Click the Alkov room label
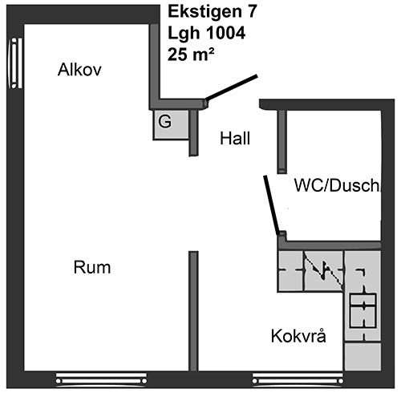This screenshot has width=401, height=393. (x=79, y=70)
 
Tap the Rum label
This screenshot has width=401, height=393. (x=92, y=267)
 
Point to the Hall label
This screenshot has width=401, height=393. (x=235, y=139)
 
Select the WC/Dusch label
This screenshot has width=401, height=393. (x=337, y=185)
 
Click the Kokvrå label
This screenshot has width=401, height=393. (x=298, y=335)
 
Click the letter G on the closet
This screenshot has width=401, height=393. (x=164, y=121)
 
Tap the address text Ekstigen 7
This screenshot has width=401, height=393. (x=213, y=12)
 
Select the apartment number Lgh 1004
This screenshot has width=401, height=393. (x=206, y=33)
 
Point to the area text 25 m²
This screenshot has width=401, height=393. (x=191, y=55)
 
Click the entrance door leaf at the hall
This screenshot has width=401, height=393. (x=232, y=87)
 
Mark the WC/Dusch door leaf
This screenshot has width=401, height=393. (x=272, y=205)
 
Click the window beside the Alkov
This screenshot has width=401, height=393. (x=14, y=63)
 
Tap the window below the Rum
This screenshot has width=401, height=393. (x=101, y=380)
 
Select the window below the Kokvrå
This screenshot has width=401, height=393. (x=298, y=380)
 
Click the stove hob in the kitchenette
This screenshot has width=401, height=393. (x=363, y=310)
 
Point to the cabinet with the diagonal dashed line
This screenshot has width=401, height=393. (x=324, y=271)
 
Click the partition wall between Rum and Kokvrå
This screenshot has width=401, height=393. (x=193, y=311)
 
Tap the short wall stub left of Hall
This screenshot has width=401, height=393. (x=193, y=133)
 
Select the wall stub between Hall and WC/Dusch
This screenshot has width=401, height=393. (x=282, y=142)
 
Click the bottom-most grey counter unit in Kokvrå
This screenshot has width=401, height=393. (x=363, y=356)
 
